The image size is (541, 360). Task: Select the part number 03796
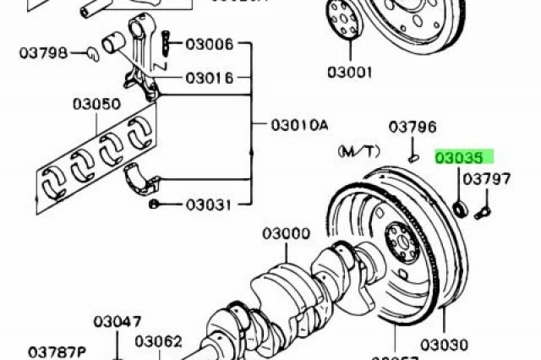pos(413,128)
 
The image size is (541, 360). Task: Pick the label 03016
pos(209,78)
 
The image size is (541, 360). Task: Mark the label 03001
pos(348,73)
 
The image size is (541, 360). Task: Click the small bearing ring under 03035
pos(460,207)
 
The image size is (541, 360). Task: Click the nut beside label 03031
pos(155,205)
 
